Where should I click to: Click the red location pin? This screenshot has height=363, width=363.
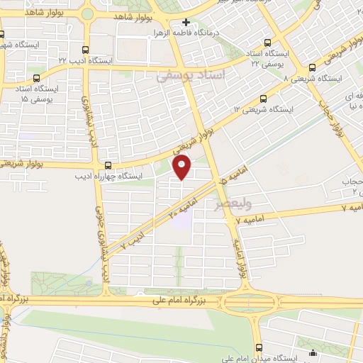coord(183,167)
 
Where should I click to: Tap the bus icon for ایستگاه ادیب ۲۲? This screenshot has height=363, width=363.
coord(86,50)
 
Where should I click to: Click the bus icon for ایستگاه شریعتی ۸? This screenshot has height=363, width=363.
coord(287,69)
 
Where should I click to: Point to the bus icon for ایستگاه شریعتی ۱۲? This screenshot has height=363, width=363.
coord(264,99)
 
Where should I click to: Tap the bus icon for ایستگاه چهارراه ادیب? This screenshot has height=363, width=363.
coord(108,166)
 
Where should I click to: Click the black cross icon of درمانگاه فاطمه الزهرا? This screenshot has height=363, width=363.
coord(186,23)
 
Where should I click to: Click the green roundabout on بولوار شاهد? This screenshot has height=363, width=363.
coord(88,13)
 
